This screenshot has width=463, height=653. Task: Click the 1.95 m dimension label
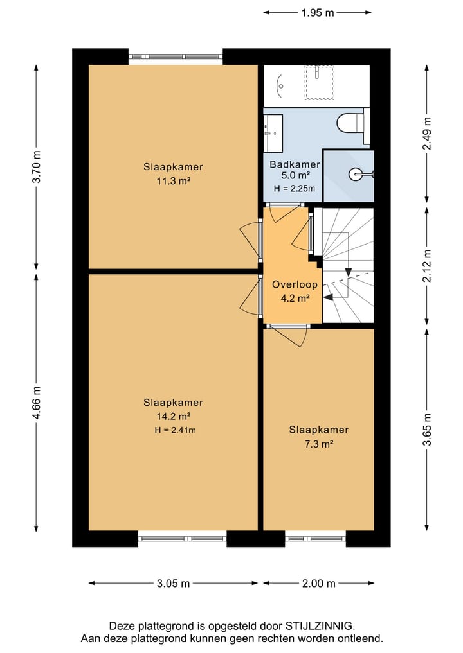point(318,13)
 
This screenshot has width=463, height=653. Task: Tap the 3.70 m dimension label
point(37,166)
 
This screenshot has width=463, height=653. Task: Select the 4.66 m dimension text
point(37,403)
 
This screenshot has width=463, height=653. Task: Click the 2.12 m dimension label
point(427,266)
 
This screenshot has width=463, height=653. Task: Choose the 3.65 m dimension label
point(427,430)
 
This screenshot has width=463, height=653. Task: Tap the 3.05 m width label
point(173,584)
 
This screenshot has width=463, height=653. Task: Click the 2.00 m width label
point(319,584)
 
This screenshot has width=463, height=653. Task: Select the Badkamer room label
point(295,164)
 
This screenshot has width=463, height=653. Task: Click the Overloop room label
point(295,284)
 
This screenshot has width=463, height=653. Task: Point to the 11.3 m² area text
point(174,181)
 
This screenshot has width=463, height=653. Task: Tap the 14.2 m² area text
point(174,416)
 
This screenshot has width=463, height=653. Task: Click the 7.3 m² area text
point(319,444)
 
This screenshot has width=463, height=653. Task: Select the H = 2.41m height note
point(175,430)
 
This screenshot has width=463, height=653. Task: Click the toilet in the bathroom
point(352,123)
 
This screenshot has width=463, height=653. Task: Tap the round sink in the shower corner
point(358,173)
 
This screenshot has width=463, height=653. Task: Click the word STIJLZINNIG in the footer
point(320,625)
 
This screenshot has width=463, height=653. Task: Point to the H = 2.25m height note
point(295,188)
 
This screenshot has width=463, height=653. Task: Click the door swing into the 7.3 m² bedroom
point(289,336)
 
